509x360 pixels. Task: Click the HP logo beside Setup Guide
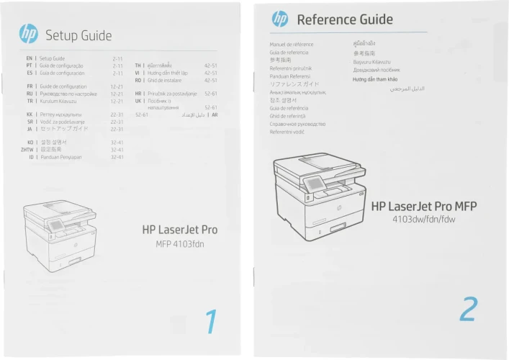(29, 33)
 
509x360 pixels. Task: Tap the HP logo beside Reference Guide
(280, 19)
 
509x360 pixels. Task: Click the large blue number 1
(211, 321)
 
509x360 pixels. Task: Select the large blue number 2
(468, 309)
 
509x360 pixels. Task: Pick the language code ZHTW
(27, 149)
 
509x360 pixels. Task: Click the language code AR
(215, 114)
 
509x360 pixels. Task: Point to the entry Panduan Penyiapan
(63, 156)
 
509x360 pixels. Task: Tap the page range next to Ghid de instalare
(210, 80)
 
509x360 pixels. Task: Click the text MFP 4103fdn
(186, 243)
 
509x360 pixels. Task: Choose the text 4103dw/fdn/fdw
(424, 219)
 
